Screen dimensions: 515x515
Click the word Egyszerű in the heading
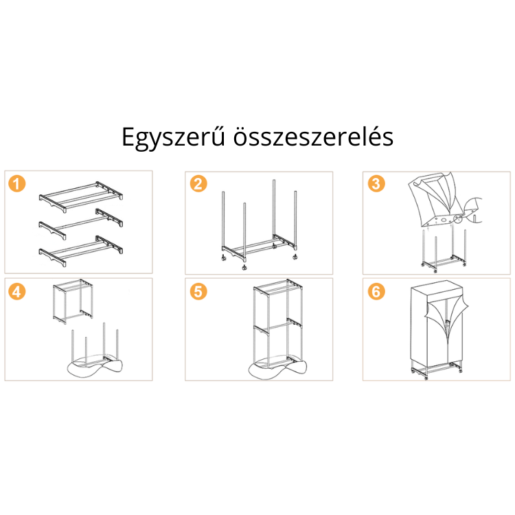coord(174,137)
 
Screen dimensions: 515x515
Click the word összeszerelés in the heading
coord(313,137)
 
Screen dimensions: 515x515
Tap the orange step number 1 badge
coord(16,183)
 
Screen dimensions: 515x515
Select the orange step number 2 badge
coord(198,183)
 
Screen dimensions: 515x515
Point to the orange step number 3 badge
coord(376,183)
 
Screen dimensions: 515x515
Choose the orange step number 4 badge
coord(16,291)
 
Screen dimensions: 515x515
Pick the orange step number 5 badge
coord(198,291)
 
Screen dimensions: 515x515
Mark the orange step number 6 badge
coord(376,291)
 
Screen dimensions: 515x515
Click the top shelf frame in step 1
coord(81,196)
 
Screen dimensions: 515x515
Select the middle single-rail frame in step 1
coord(81,224)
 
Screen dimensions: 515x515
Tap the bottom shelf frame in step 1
coord(81,251)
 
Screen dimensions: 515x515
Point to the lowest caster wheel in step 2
coord(244,267)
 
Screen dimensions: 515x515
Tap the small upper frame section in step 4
coord(73,301)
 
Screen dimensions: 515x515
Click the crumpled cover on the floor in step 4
coord(95,366)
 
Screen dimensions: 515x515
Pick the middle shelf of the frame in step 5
coord(278,325)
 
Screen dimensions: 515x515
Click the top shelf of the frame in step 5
coord(278,287)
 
